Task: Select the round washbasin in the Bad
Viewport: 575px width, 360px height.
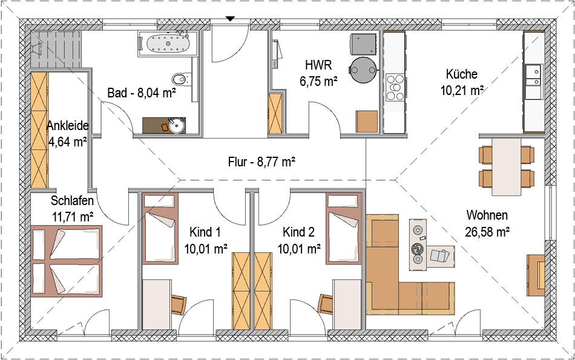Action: [x=176, y=125]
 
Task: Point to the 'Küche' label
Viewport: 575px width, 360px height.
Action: [x=462, y=74]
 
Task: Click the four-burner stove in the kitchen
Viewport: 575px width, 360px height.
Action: [x=396, y=87]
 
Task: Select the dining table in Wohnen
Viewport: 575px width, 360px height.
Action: [x=506, y=166]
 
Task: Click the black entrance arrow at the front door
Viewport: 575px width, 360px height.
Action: [x=230, y=18]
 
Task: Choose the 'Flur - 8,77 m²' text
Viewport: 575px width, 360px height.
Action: [x=262, y=162]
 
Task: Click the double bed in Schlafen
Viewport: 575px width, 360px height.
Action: [x=67, y=261]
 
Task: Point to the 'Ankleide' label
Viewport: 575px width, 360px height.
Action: [x=68, y=126]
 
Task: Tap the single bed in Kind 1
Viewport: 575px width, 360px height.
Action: [x=160, y=229]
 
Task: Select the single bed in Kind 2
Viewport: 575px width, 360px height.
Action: [x=344, y=229]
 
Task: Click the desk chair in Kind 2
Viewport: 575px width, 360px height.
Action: [x=325, y=304]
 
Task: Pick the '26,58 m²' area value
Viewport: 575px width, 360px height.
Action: [x=487, y=232]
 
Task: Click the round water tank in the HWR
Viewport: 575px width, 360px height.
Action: [x=363, y=70]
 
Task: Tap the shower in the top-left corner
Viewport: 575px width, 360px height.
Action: [x=55, y=49]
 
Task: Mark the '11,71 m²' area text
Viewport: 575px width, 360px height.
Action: [x=73, y=217]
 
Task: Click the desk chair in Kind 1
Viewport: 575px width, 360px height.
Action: [x=179, y=305]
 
